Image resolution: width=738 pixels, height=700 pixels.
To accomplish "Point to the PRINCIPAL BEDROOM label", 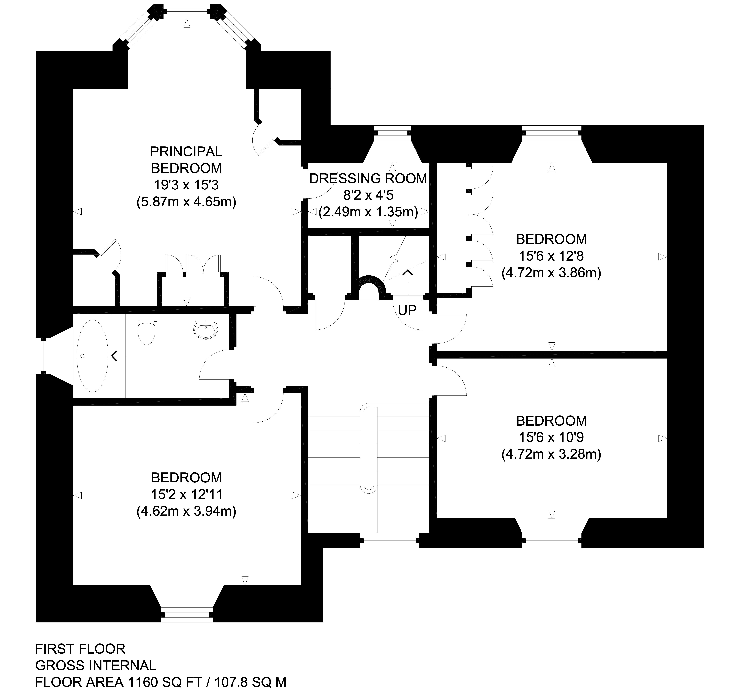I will coord(186,160).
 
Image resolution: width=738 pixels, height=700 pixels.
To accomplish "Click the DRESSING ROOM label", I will coord(368,179).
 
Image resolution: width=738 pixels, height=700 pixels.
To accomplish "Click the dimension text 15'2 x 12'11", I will coord(186,494).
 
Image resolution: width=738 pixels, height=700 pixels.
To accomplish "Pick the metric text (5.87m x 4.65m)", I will coord(186,202).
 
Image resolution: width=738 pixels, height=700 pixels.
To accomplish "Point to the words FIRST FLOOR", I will coord(80,649).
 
